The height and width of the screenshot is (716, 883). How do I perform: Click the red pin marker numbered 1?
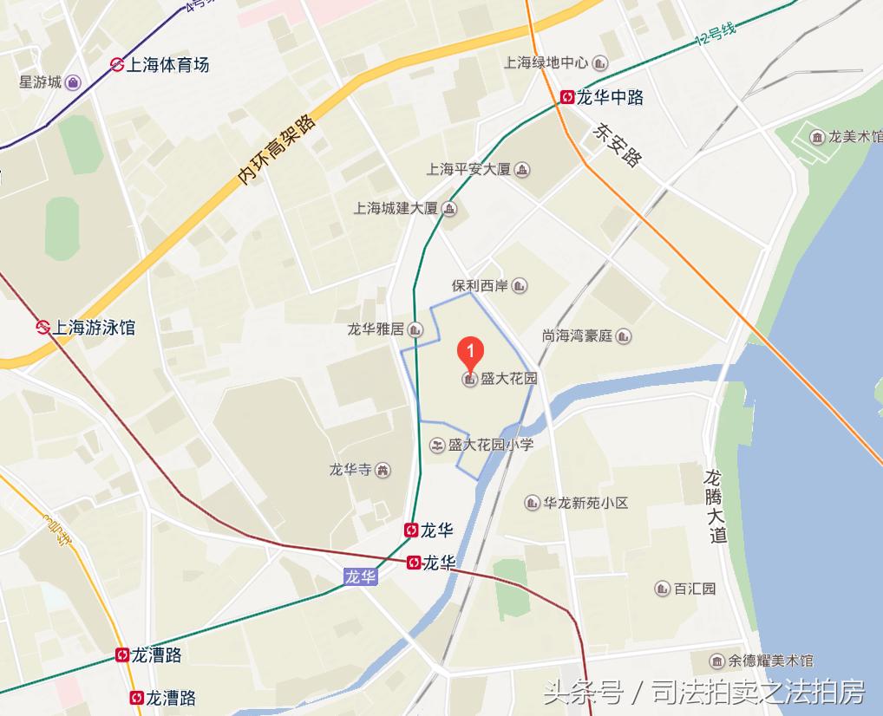(469, 353)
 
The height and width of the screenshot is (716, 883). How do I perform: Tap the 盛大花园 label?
(509, 379)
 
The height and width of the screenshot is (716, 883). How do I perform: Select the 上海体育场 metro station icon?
(116, 64)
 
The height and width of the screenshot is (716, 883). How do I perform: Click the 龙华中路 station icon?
(567, 97)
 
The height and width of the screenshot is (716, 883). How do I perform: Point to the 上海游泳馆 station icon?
(42, 327)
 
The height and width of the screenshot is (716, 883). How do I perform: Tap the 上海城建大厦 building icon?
(449, 208)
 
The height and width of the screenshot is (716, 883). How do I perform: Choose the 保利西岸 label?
(477, 285)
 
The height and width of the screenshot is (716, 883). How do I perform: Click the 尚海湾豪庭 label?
(577, 335)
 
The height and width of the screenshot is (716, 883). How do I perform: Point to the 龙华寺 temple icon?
(383, 470)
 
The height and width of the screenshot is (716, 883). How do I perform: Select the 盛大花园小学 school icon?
(437, 445)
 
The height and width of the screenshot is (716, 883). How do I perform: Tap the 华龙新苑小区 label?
(585, 503)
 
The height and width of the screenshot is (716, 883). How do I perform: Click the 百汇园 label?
(695, 589)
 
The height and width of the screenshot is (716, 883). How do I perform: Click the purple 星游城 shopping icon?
(74, 82)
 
